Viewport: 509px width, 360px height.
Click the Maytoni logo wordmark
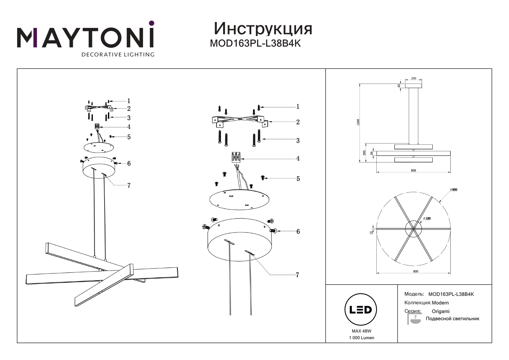pyautogui.click(x=86, y=38)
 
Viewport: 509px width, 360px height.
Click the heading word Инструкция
pyautogui.click(x=263, y=29)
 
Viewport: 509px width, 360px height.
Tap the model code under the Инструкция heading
pyautogui.click(x=255, y=44)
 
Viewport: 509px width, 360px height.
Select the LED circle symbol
pyautogui.click(x=360, y=310)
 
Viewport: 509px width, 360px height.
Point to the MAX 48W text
pyautogui.click(x=361, y=331)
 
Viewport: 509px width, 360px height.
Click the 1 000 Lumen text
pyautogui.click(x=361, y=338)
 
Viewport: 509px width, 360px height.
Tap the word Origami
pyautogui.click(x=441, y=311)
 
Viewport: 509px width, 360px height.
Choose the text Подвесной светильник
pyautogui.click(x=452, y=319)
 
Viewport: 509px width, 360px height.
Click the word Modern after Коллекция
pyautogui.click(x=440, y=303)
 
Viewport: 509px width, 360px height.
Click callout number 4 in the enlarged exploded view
pyautogui.click(x=298, y=159)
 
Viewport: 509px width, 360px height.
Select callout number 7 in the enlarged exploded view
pyautogui.click(x=297, y=275)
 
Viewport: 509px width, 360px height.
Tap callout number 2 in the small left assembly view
pyautogui.click(x=129, y=108)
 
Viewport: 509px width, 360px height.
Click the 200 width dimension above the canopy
pyautogui.click(x=414, y=78)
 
